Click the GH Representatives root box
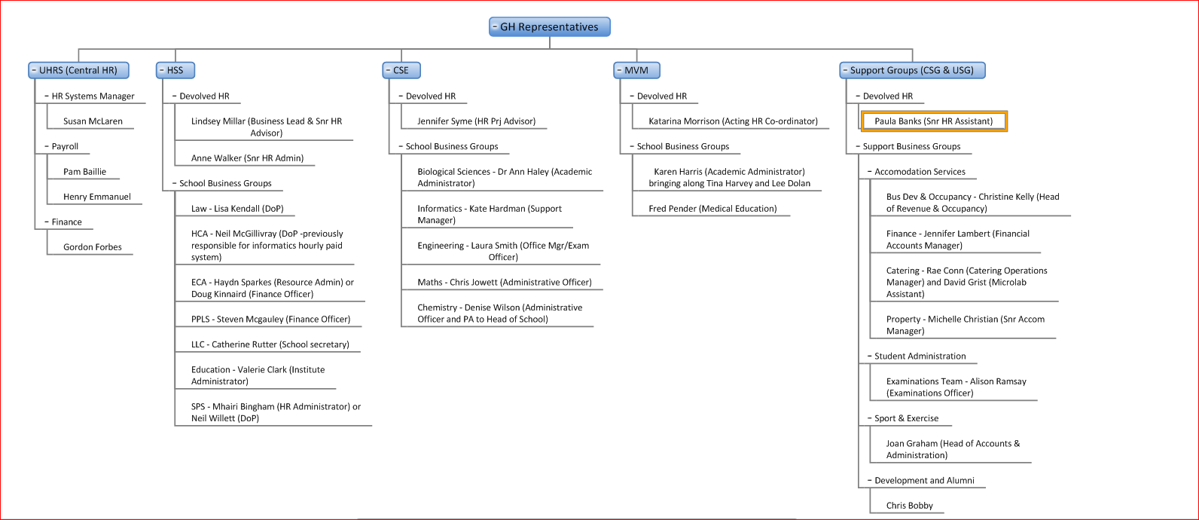pos(549,27)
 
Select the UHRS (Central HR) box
pos(78,70)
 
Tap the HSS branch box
pos(175,70)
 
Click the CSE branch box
pos(401,70)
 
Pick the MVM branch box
pos(636,70)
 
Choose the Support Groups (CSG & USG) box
pos(912,70)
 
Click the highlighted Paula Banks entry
pos(933,121)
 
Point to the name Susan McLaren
pos(93,121)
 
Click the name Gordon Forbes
pos(93,247)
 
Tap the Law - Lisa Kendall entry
pos(238,208)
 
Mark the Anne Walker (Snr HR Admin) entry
pos(247,158)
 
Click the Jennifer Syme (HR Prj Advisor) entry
pos(477,121)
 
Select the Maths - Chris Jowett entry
pos(505,282)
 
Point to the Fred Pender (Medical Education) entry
pos(712,208)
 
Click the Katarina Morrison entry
pos(734,121)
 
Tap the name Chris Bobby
pos(910,506)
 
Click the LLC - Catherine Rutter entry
pos(270,344)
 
